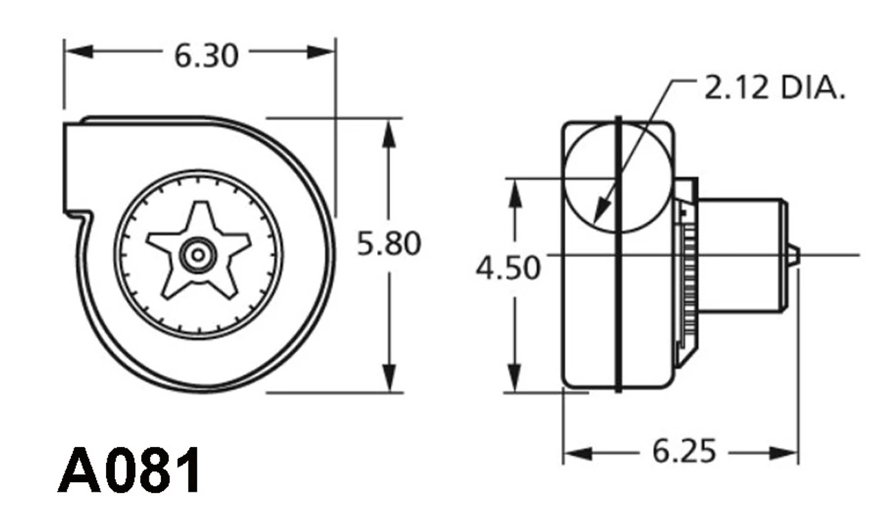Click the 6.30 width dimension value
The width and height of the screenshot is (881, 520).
[x=206, y=56]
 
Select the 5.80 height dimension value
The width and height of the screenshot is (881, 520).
[x=389, y=244]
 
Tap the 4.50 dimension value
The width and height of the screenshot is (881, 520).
[x=508, y=267]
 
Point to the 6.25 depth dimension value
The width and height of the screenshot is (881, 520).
[x=684, y=452]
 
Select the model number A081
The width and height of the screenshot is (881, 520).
[x=130, y=470]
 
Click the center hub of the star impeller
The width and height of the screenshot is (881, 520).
[x=198, y=254]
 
